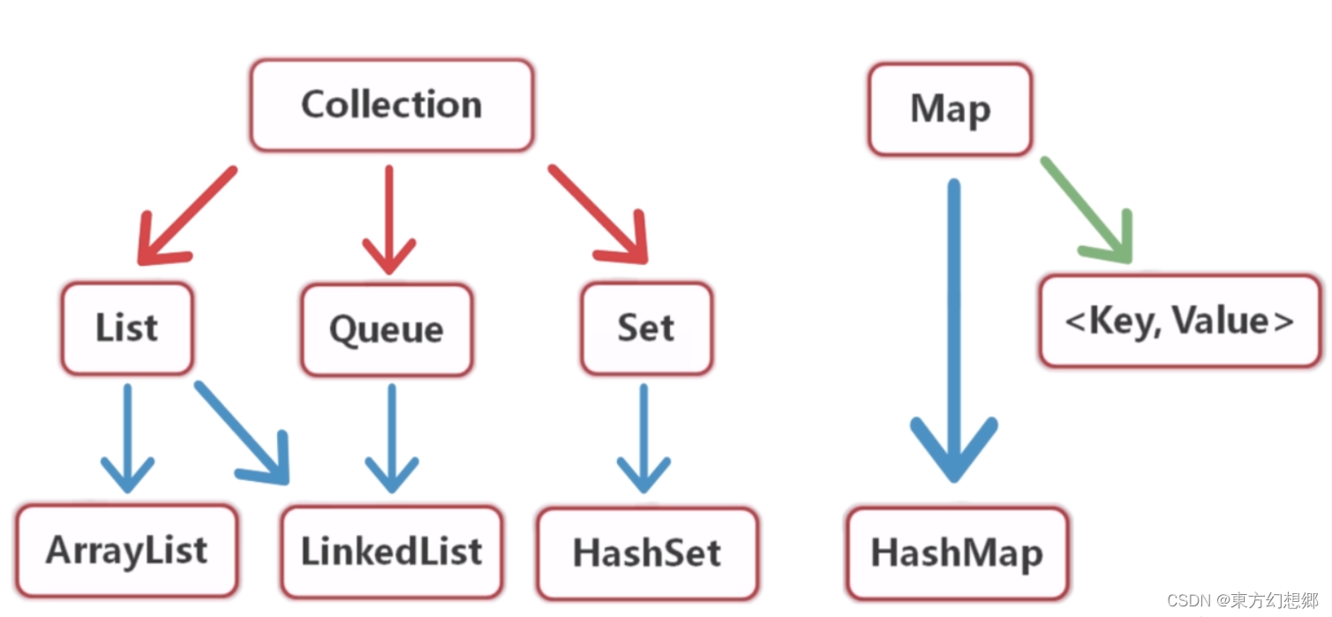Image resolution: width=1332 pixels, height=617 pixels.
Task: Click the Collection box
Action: (x=391, y=105)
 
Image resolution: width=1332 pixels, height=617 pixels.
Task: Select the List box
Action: (x=127, y=328)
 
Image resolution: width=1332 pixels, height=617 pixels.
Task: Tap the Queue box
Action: (x=387, y=330)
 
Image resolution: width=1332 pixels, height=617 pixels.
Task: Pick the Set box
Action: (x=646, y=328)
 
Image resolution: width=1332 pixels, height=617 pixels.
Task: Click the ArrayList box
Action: (x=126, y=551)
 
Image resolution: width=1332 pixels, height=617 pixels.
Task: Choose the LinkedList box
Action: (x=391, y=552)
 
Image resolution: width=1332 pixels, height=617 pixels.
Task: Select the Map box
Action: (x=950, y=109)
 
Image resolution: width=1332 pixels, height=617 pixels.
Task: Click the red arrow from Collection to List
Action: (x=185, y=216)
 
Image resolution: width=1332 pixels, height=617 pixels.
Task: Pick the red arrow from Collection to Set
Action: (x=598, y=214)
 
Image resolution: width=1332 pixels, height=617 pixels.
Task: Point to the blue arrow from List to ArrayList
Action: (x=128, y=437)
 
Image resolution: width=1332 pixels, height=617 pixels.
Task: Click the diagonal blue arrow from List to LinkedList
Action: (x=243, y=433)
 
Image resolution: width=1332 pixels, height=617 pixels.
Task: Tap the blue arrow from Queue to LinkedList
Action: (x=391, y=437)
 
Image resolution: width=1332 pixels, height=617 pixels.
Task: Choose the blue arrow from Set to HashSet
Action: (x=643, y=437)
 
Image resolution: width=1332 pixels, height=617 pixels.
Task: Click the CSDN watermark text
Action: (x=1241, y=600)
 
